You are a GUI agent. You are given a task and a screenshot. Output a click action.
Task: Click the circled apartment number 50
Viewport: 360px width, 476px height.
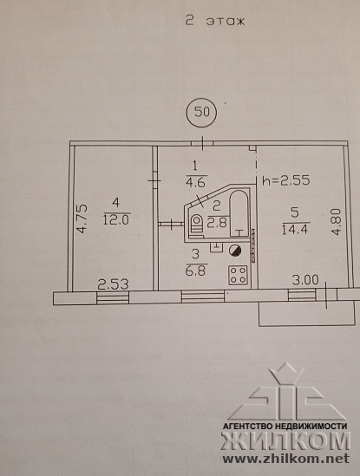pyautogui.click(x=201, y=113)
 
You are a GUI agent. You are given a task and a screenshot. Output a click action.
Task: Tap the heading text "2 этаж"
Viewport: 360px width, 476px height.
pyautogui.click(x=215, y=22)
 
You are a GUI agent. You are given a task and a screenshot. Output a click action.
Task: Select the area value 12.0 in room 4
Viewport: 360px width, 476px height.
pyautogui.click(x=116, y=218)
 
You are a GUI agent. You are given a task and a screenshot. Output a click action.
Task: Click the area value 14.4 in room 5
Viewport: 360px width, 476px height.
pyautogui.click(x=295, y=228)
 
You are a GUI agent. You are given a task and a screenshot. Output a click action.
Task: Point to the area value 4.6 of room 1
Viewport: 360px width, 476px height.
pyautogui.click(x=196, y=183)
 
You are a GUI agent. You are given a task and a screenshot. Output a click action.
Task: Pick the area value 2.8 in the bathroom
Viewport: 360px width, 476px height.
pyautogui.click(x=217, y=222)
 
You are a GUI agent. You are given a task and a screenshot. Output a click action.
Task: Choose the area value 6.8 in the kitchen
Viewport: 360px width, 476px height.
pyautogui.click(x=195, y=270)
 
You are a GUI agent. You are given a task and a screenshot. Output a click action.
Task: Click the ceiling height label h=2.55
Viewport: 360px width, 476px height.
pyautogui.click(x=286, y=180)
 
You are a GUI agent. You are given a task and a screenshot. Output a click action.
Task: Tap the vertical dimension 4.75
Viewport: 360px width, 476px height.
pyautogui.click(x=82, y=218)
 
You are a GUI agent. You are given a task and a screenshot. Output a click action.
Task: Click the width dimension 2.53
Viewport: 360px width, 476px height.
pyautogui.click(x=114, y=284)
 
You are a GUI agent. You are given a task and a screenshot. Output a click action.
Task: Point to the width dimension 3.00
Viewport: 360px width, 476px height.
pyautogui.click(x=305, y=280)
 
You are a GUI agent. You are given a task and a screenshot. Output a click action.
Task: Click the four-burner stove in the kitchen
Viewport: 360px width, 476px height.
pyautogui.click(x=238, y=275)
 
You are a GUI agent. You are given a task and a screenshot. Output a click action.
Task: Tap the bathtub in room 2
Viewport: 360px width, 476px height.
pyautogui.click(x=239, y=213)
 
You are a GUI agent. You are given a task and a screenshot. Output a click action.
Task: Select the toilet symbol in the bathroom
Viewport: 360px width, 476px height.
pyautogui.click(x=196, y=223)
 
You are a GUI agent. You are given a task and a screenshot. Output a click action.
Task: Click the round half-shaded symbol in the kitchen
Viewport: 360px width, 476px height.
pyautogui.click(x=235, y=251)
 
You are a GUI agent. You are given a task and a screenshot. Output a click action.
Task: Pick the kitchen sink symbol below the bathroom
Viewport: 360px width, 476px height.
pyautogui.click(x=216, y=246)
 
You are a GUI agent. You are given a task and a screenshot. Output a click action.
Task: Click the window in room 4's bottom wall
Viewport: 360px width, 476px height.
pyautogui.click(x=113, y=297)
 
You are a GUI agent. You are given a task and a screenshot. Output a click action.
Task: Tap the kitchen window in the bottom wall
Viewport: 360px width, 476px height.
pyautogui.click(x=203, y=297)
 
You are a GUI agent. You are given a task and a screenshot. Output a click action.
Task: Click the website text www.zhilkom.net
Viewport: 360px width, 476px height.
pyautogui.click(x=286, y=459)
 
